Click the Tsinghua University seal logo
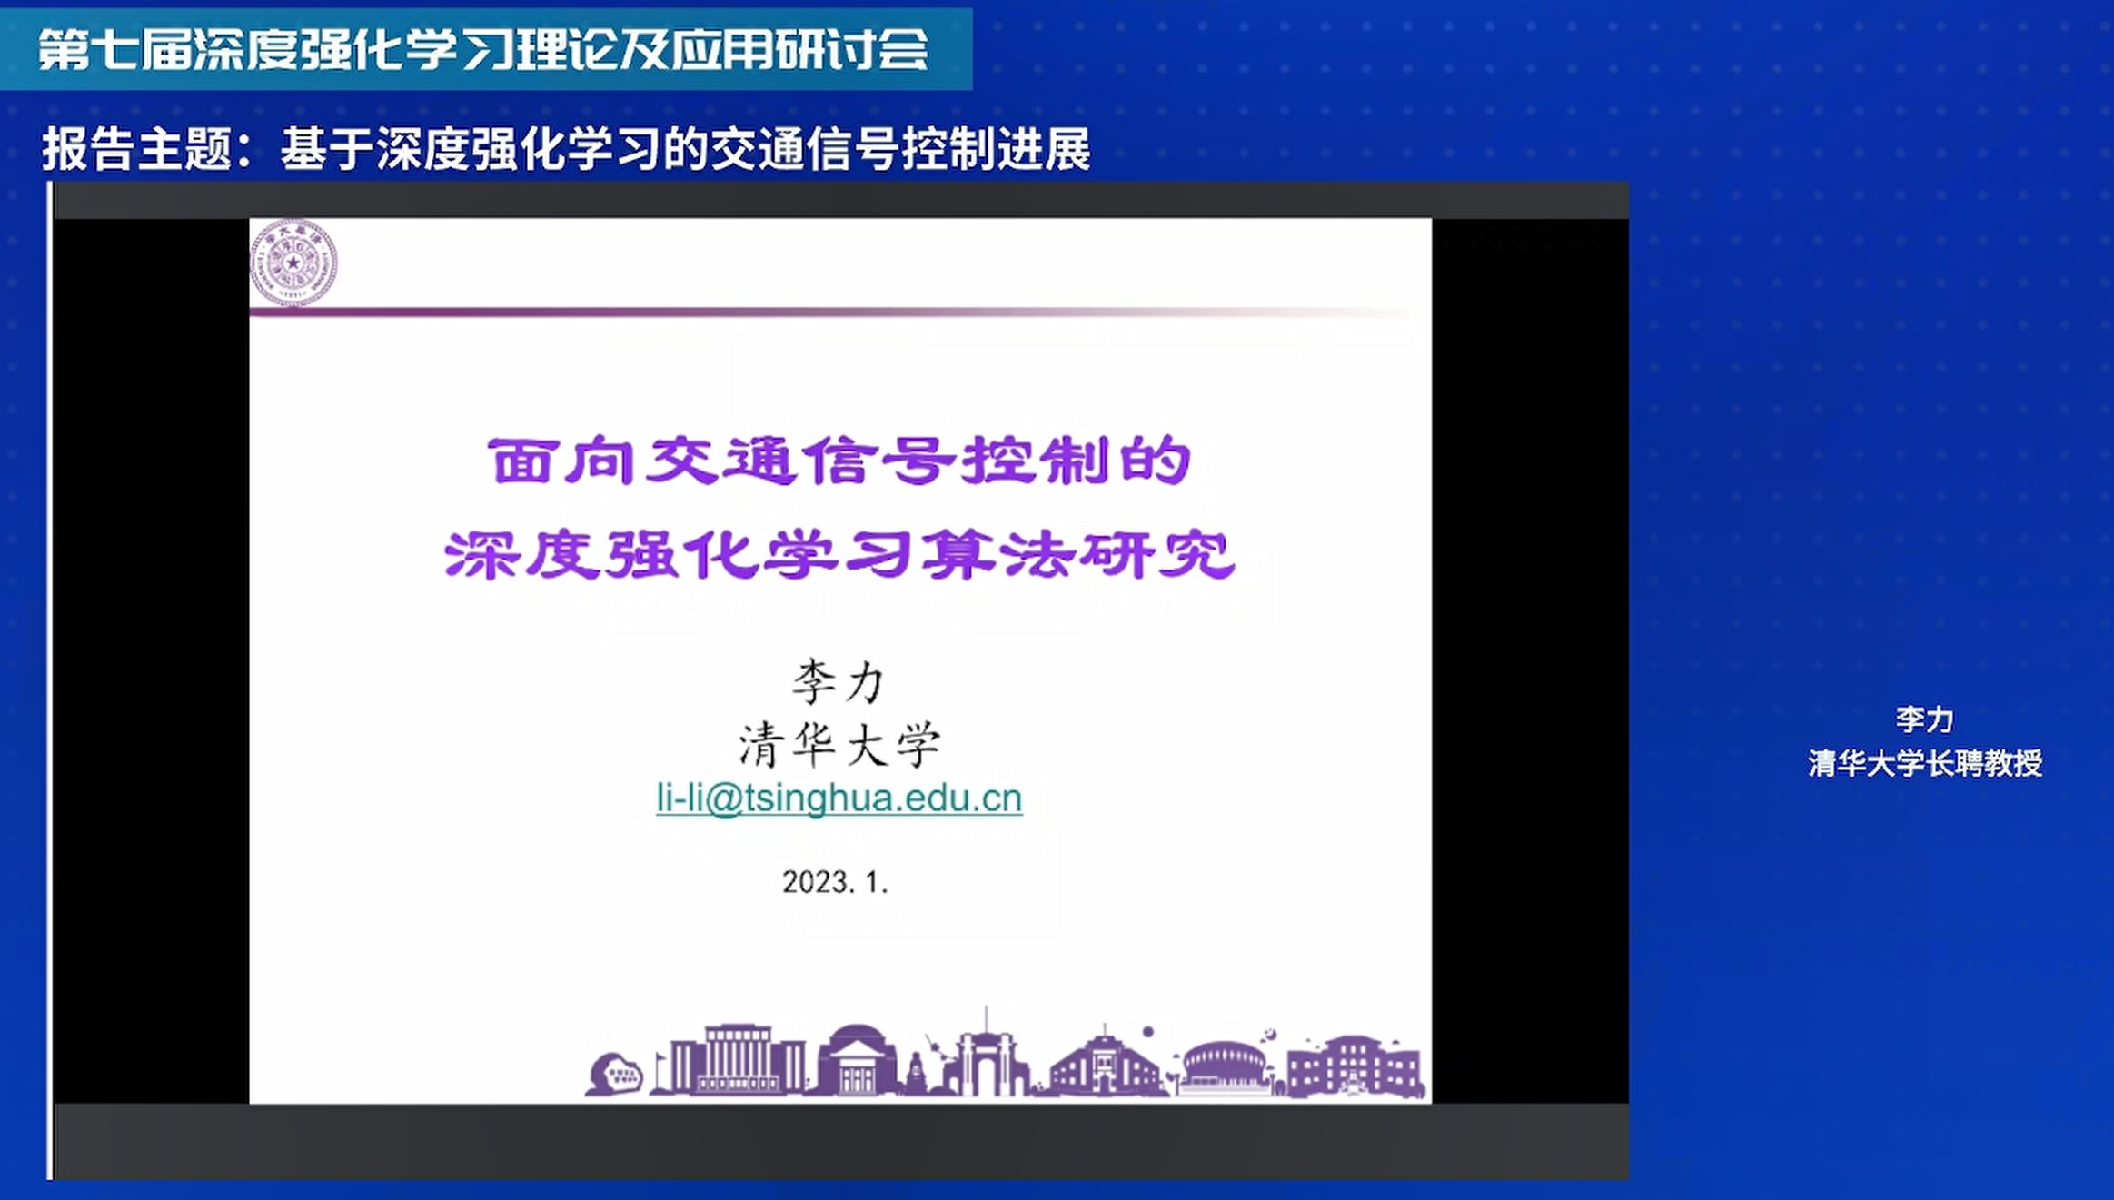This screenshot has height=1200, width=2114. point(293,263)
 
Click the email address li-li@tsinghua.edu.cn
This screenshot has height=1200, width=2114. point(839,798)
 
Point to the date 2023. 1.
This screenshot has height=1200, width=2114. point(835,881)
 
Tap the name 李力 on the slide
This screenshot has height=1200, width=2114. point(838,681)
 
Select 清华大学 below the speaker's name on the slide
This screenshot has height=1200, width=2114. point(839,745)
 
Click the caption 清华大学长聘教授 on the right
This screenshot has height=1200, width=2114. point(1925,763)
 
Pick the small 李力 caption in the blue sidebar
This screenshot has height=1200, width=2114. point(1924,719)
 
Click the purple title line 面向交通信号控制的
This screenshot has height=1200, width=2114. point(839,461)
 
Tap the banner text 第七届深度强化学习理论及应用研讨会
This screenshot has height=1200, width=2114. point(483,48)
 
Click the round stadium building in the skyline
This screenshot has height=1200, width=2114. point(1223,1067)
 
